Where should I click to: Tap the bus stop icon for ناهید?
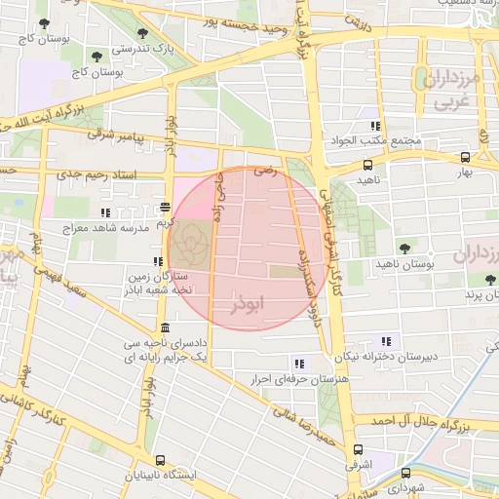pyautogui.click(x=367, y=165)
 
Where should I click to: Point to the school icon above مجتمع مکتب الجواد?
pyautogui.click(x=374, y=126)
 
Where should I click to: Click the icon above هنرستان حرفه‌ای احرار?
pyautogui.click(x=298, y=363)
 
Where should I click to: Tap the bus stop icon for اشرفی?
pyautogui.click(x=358, y=450)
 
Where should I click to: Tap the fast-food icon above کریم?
pyautogui.click(x=165, y=207)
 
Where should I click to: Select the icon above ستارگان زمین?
pyautogui.click(x=157, y=261)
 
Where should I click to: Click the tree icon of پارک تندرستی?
pyautogui.click(x=142, y=33)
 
